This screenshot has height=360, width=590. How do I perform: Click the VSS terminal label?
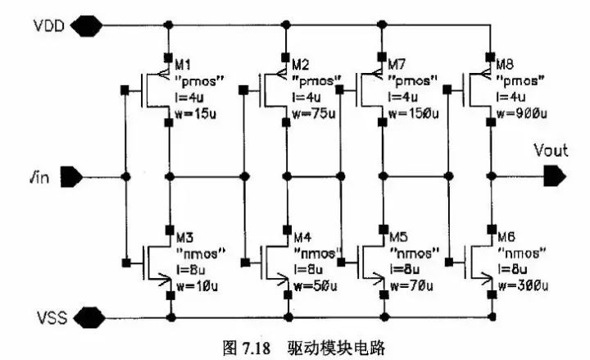(x=52, y=315)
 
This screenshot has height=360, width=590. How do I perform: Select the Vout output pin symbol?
(x=555, y=175)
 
